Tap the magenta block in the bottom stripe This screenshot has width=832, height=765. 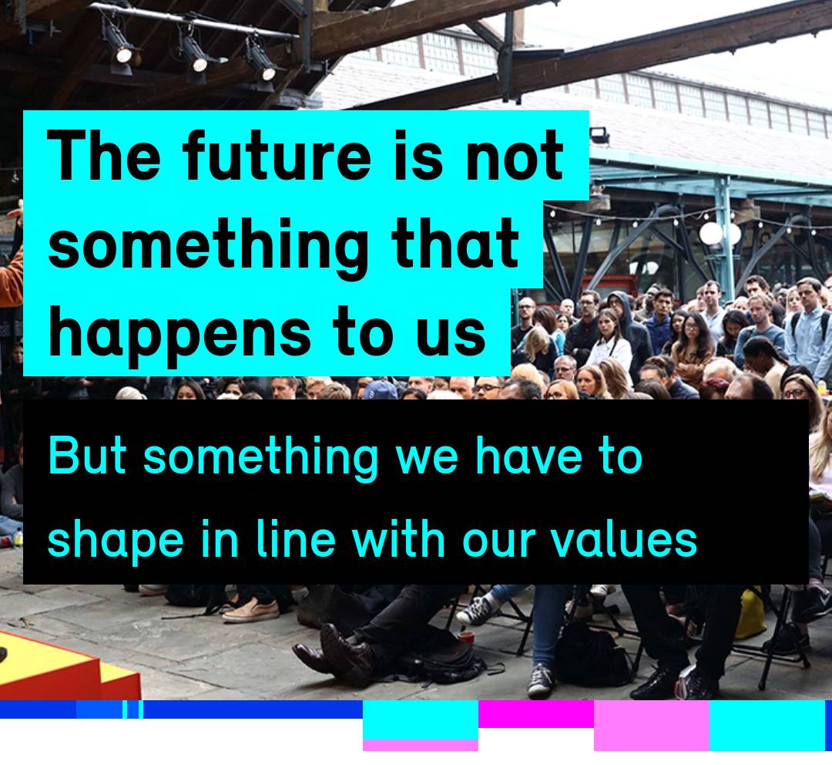[535, 713]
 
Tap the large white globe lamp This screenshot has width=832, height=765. [711, 232]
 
